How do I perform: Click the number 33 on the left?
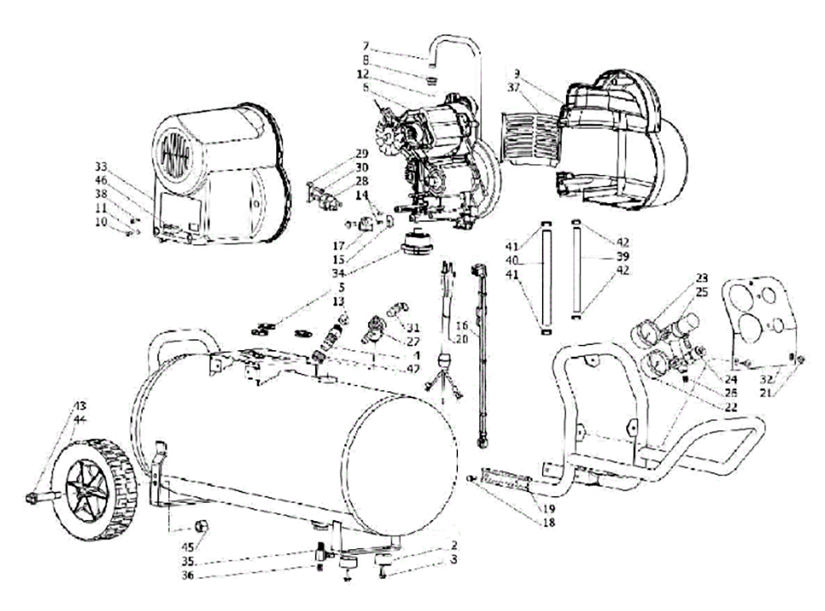point(101,164)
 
